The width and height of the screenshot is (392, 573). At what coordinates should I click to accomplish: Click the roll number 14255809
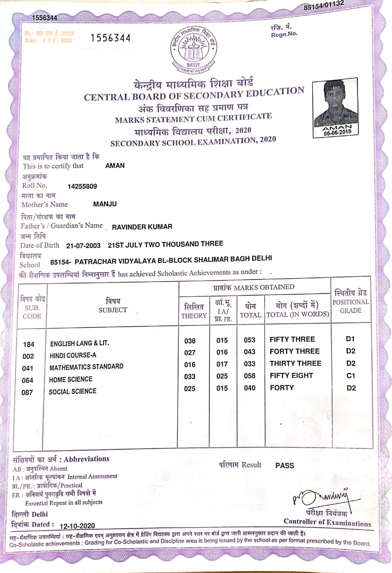(82, 186)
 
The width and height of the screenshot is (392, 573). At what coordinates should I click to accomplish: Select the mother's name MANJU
(105, 205)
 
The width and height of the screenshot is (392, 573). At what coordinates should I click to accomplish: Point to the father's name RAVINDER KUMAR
(142, 227)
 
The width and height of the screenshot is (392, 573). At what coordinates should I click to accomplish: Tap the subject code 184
(29, 344)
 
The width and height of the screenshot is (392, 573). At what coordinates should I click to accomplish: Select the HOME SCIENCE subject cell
(70, 379)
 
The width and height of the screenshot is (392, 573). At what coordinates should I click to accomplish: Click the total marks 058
(250, 376)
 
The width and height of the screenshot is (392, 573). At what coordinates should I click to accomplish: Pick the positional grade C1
(351, 376)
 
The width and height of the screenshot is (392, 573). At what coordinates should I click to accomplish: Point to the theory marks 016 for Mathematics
(190, 364)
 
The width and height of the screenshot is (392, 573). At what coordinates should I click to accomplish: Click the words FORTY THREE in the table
(294, 351)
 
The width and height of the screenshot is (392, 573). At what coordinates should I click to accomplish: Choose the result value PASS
(284, 466)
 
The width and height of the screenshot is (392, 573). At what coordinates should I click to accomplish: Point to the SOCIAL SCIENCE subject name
(72, 391)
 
